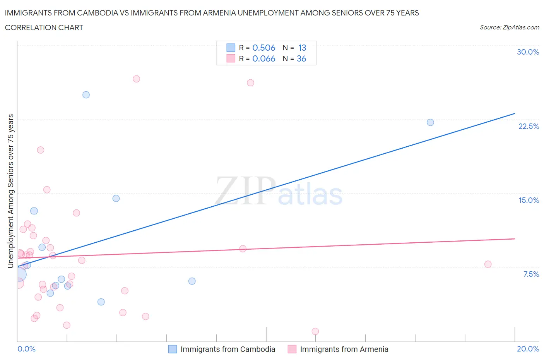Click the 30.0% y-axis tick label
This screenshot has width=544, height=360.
pyautogui.click(x=528, y=52)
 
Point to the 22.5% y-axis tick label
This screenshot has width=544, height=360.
pyautogui.click(x=529, y=126)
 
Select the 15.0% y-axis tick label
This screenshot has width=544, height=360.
pyautogui.click(x=529, y=200)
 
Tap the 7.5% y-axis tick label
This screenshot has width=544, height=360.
pyautogui.click(x=531, y=274)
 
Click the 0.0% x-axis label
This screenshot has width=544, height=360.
pyautogui.click(x=26, y=349)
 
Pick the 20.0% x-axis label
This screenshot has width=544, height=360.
pyautogui.click(x=528, y=349)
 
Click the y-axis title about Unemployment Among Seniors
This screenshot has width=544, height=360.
pyautogui.click(x=10, y=191)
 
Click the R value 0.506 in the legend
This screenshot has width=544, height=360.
pyautogui.click(x=263, y=48)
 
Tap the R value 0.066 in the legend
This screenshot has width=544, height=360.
pyautogui.click(x=263, y=58)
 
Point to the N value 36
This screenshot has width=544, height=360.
pyautogui.click(x=301, y=58)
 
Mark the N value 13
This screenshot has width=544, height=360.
pyautogui.click(x=302, y=48)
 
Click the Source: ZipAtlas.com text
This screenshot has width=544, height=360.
pyautogui.click(x=509, y=27)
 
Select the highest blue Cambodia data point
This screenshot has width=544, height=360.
pyautogui.click(x=86, y=95)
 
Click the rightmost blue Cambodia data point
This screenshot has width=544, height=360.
pyautogui.click(x=430, y=122)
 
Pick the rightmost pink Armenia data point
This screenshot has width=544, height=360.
pyautogui.click(x=488, y=264)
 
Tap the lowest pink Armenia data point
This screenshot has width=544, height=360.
pyautogui.click(x=315, y=331)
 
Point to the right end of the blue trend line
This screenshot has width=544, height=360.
pyautogui.click(x=515, y=113)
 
